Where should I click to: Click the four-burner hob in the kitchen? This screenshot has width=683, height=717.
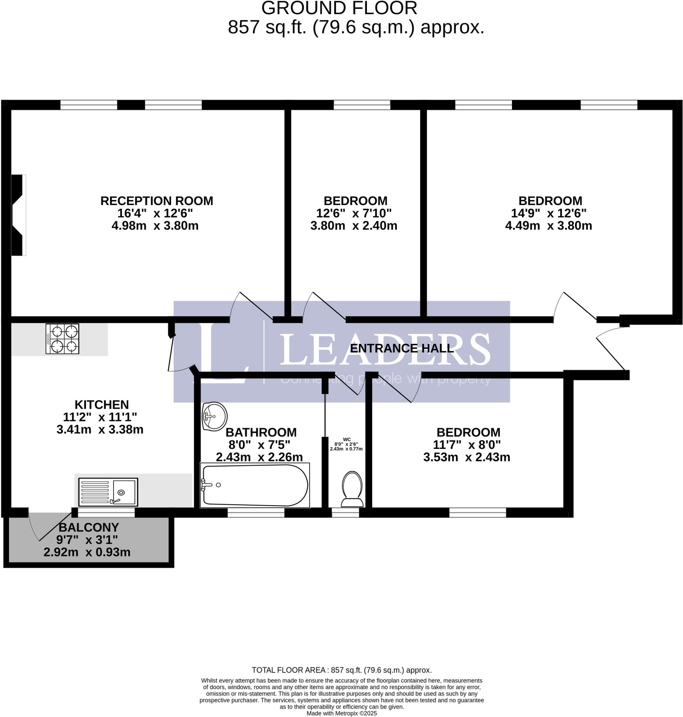62,339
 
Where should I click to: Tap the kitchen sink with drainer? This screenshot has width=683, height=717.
108,492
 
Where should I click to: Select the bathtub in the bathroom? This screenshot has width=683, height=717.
255,485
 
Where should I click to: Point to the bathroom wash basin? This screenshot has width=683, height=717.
215,416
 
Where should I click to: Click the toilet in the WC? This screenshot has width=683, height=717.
352,489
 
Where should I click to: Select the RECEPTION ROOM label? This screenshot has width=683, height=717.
157,201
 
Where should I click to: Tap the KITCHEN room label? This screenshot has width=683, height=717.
102,404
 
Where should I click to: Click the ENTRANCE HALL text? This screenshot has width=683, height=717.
402,348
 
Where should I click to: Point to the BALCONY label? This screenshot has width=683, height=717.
89,527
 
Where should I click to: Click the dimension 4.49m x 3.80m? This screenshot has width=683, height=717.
548,225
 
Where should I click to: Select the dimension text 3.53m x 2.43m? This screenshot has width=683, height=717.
466,457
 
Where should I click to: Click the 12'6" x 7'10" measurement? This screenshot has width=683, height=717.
354,213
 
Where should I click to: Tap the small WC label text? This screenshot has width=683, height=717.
347,439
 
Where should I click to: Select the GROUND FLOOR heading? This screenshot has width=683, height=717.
339,8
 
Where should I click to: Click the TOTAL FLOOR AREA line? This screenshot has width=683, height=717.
341,670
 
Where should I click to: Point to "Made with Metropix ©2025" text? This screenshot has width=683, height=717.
341,713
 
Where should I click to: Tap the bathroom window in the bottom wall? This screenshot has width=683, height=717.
256,513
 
